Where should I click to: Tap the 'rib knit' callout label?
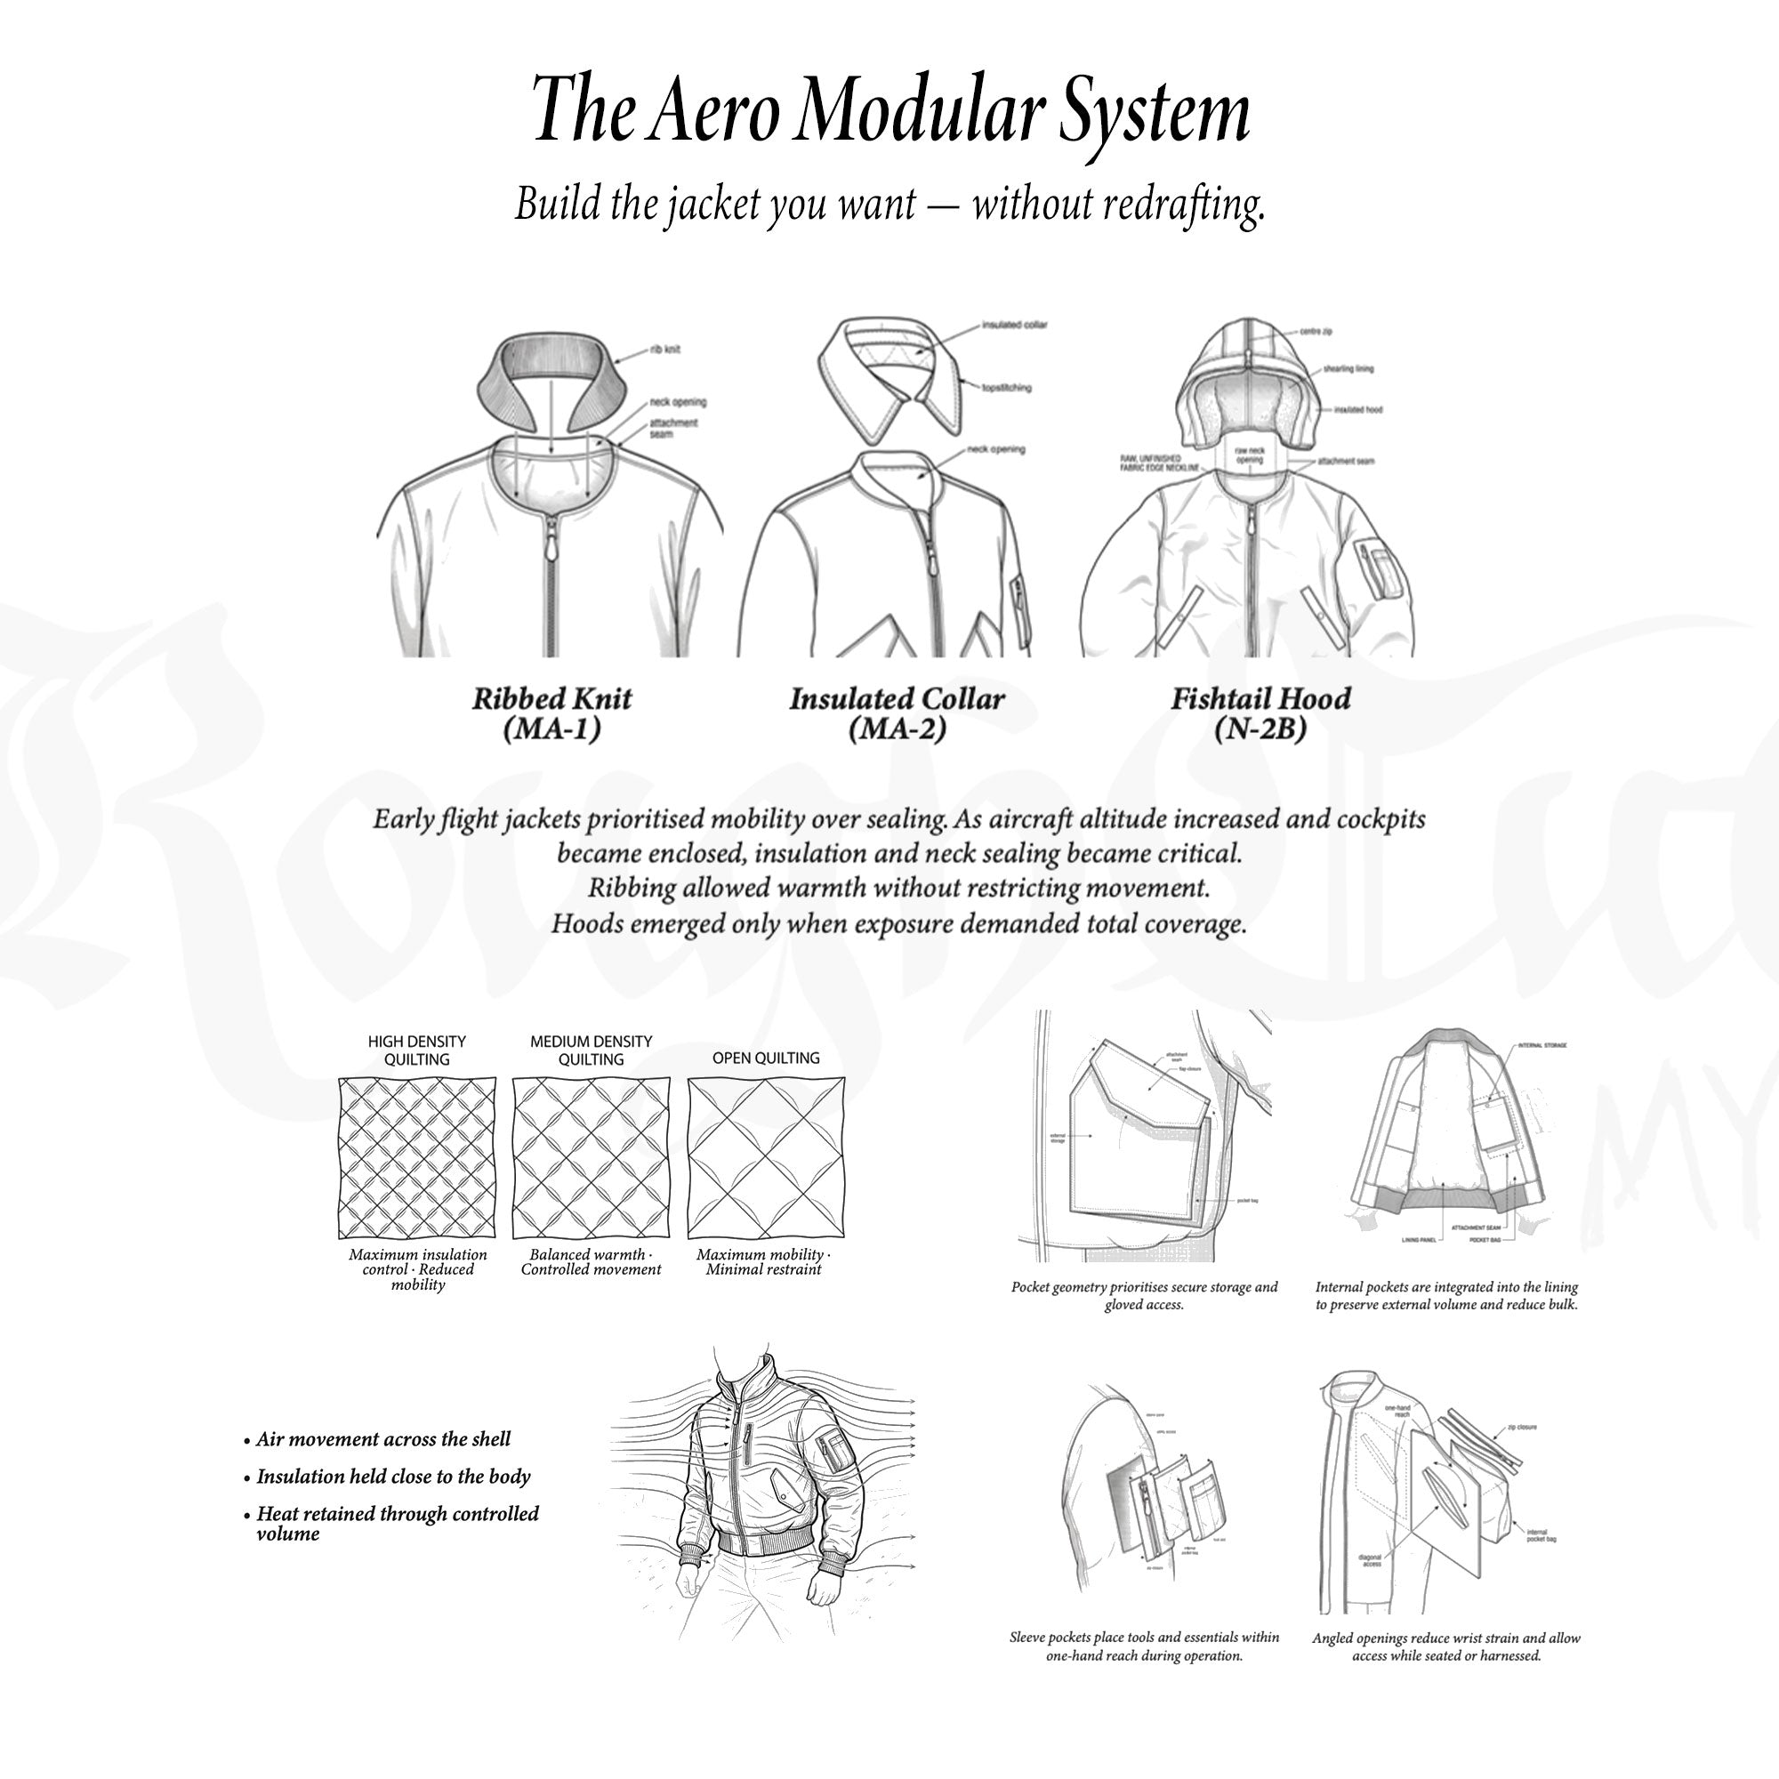pyautogui.click(x=664, y=349)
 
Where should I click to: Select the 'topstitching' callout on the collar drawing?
pyautogui.click(x=1005, y=388)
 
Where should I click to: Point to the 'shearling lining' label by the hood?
pyautogui.click(x=1348, y=368)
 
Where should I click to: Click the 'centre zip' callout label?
pyautogui.click(x=1315, y=331)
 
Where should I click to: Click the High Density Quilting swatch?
pyautogui.click(x=417, y=1158)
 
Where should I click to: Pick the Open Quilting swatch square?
pyautogui.click(x=765, y=1158)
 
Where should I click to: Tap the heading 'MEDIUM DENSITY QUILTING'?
pyautogui.click(x=591, y=1050)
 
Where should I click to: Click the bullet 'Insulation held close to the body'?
pyautogui.click(x=393, y=1476)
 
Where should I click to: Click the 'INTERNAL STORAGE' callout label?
pyautogui.click(x=1541, y=1046)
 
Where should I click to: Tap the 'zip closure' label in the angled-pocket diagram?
pyautogui.click(x=1521, y=1428)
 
